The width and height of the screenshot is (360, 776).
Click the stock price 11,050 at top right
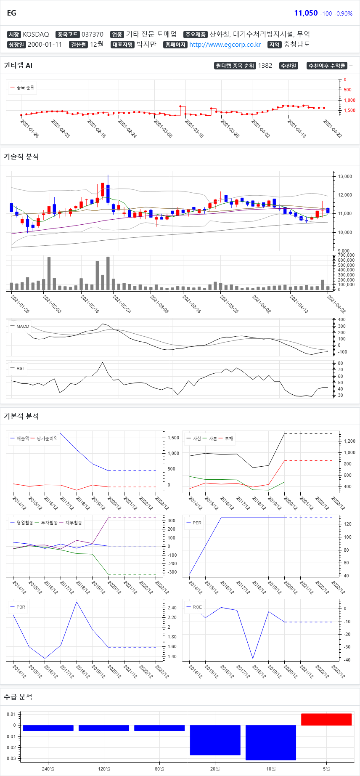click(306, 13)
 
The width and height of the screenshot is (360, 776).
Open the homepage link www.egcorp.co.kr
click(225, 45)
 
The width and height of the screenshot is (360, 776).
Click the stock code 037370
click(92, 35)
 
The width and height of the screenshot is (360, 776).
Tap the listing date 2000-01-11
click(45, 45)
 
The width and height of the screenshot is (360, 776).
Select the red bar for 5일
click(326, 719)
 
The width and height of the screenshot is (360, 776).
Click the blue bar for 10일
click(270, 742)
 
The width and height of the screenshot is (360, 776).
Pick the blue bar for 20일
click(215, 740)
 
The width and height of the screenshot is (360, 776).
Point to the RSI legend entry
click(20, 368)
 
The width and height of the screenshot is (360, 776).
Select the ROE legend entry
click(197, 607)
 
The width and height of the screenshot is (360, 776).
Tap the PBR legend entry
click(21, 607)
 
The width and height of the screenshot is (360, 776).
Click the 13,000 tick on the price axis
click(345, 176)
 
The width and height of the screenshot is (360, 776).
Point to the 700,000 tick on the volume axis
click(346, 255)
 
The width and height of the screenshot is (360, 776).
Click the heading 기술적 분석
click(21, 157)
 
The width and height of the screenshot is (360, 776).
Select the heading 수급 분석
click(18, 697)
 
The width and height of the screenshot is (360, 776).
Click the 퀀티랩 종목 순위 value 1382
click(265, 66)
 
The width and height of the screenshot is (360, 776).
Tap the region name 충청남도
click(296, 44)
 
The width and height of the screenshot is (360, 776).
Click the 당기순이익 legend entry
click(47, 438)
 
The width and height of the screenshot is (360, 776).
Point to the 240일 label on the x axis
click(48, 769)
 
